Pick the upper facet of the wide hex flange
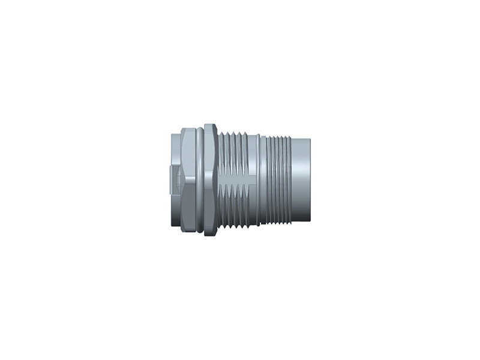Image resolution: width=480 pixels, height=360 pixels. point(210,150)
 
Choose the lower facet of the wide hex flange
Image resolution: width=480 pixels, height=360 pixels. point(210,207)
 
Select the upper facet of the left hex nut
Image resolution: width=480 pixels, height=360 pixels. point(187,150)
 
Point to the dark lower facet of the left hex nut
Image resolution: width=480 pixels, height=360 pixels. point(187,207)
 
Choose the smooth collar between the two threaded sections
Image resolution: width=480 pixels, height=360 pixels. point(263,180)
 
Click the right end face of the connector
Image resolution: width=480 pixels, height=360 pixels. point(310,180)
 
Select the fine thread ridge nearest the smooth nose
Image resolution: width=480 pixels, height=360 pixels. point(290,180)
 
